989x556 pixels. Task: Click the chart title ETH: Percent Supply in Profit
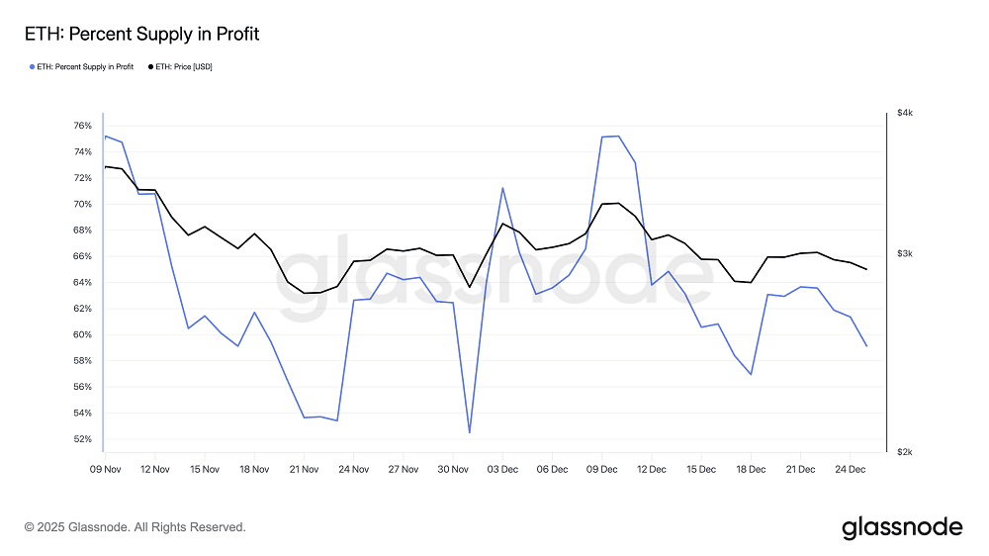141,35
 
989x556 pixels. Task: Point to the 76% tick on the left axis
82,126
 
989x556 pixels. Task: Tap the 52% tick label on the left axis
82,439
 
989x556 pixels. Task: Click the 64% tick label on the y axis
82,282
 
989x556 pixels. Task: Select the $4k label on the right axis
905,114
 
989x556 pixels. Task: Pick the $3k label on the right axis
905,254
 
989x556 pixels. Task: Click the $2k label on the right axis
905,452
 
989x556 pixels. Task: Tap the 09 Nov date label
105,468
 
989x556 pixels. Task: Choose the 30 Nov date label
452,468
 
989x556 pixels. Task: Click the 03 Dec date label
502,468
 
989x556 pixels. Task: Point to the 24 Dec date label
850,468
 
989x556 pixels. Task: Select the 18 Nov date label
254,468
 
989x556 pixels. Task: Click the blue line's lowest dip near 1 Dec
469,432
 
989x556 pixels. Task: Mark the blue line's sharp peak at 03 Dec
502,188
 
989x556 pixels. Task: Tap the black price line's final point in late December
866,269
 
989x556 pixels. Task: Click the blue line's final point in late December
866,345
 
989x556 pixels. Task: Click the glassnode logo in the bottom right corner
901,527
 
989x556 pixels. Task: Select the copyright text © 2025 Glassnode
135,527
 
